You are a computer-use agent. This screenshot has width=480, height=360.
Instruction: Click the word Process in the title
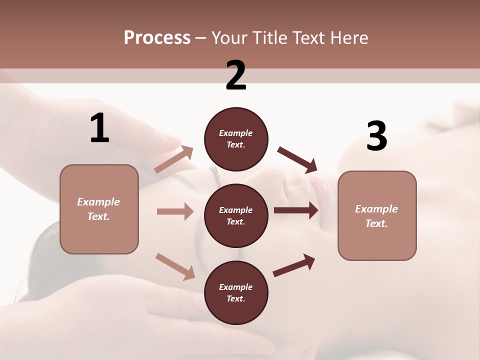(157, 38)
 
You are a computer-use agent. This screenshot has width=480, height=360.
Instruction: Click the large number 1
(99, 128)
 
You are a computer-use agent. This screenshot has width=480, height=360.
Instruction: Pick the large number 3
(376, 136)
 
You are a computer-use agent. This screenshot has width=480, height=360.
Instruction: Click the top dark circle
(236, 139)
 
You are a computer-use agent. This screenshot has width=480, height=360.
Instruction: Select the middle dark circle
(236, 215)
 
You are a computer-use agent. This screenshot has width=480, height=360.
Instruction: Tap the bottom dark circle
(236, 292)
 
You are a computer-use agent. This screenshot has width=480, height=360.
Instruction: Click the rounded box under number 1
(99, 209)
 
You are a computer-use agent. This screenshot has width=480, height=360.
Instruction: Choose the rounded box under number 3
(377, 215)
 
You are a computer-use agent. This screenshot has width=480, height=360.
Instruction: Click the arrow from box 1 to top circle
(174, 159)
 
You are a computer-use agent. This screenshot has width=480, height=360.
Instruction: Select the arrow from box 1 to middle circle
(175, 211)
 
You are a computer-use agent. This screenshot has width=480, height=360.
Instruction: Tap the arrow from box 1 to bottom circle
(175, 266)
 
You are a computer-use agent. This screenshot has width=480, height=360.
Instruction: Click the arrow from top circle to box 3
(297, 159)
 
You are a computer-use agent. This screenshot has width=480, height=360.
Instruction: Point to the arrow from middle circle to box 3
(296, 210)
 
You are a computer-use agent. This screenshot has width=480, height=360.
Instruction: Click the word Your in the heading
(229, 38)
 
